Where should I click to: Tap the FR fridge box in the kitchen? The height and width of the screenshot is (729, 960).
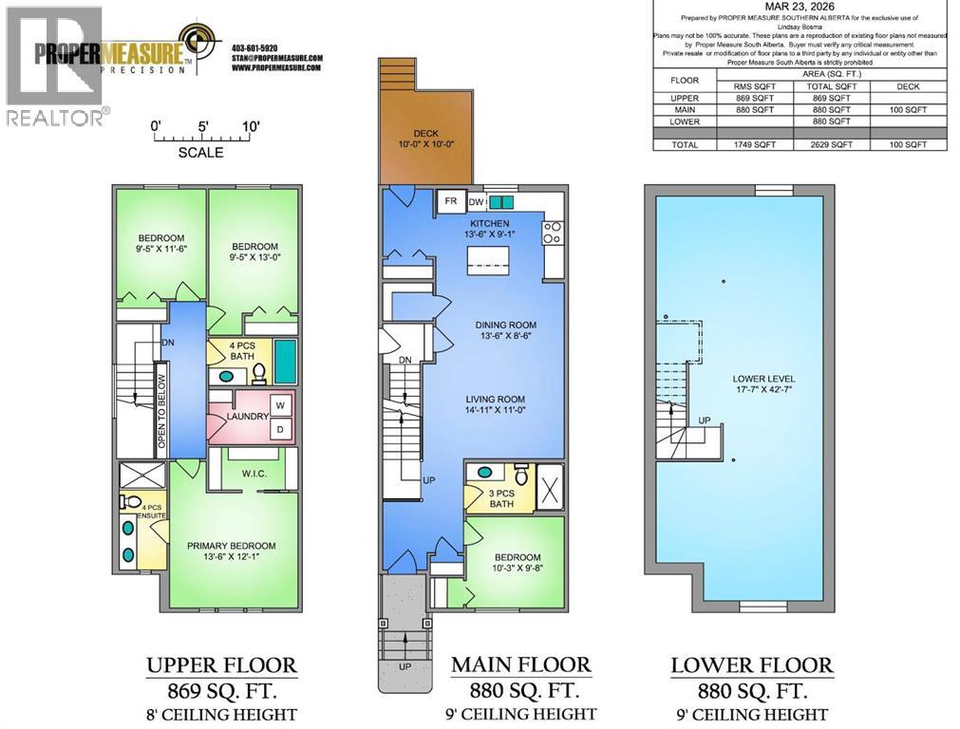coord(449,201)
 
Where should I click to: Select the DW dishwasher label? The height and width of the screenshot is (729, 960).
coord(476,201)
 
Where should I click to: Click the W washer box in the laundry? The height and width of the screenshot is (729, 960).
coord(279,405)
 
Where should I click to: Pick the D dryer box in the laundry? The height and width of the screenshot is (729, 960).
coord(279,430)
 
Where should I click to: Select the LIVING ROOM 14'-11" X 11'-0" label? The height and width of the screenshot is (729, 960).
coord(508,405)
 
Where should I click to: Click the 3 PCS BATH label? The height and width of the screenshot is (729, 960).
coord(501,497)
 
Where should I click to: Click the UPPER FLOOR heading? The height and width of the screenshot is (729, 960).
coord(221,665)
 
